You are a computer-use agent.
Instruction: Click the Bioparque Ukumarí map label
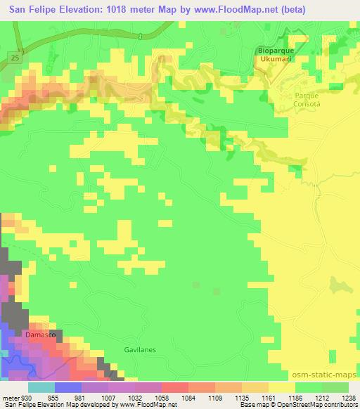274,56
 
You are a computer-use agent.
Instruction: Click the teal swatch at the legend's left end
41,387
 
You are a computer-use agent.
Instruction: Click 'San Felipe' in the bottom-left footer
18,404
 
